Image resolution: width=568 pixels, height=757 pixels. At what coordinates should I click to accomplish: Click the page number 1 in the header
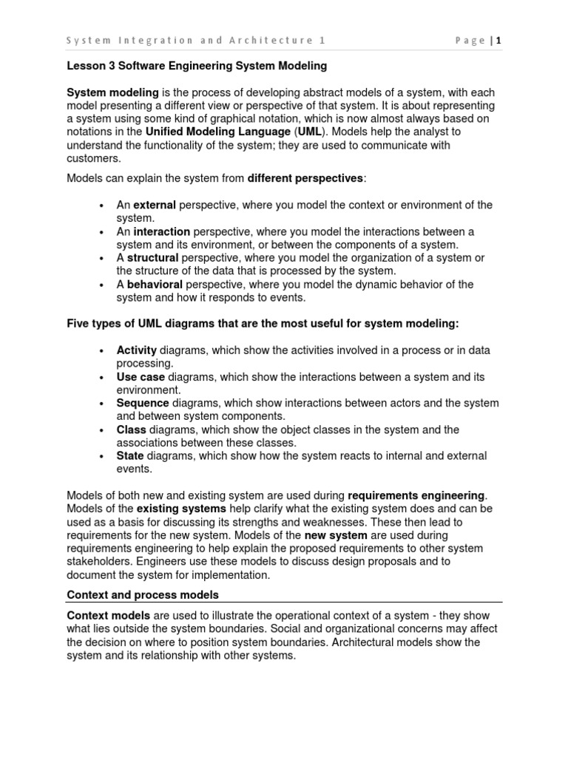pos(498,41)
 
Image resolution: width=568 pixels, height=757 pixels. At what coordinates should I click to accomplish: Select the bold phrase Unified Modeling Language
pos(218,132)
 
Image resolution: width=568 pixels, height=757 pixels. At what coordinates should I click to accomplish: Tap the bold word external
pos(155,205)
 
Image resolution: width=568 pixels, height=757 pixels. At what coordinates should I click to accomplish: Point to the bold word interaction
pos(162,231)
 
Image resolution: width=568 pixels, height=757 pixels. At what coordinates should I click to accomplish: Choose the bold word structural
pos(152,258)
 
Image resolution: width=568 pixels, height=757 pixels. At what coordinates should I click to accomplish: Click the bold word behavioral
pos(155,285)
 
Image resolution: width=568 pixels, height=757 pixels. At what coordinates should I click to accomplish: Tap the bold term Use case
pos(141,377)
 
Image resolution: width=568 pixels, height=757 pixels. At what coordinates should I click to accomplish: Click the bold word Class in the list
pos(132,430)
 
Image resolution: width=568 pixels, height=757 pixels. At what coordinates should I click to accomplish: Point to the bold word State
pos(130,456)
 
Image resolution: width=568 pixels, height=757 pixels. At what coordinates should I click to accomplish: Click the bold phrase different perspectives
pos(306,178)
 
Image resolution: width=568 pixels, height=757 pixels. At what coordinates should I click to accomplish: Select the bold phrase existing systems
pos(180,509)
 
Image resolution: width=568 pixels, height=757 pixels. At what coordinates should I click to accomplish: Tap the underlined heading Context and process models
pos(143,594)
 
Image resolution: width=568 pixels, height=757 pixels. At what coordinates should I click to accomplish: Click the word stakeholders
pos(99,561)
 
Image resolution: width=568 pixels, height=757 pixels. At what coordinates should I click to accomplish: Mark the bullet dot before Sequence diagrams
pos(100,404)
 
